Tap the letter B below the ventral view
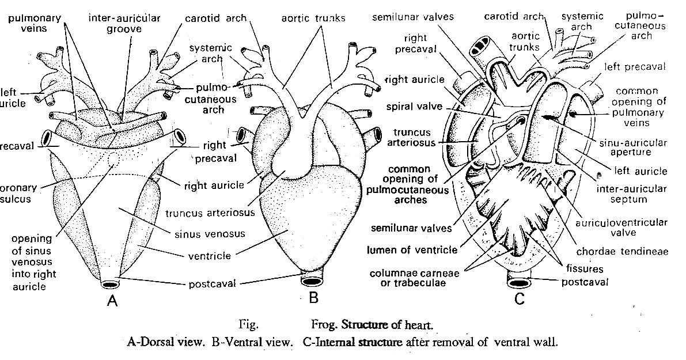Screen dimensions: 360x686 (x=313, y=299)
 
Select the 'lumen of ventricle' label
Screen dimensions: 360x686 (x=415, y=249)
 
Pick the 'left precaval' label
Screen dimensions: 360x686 (x=635, y=67)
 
